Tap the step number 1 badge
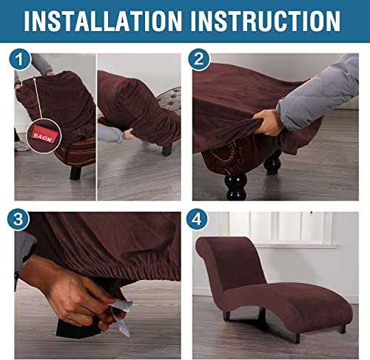[21, 59]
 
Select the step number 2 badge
[199, 59]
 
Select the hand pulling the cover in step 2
[269, 122]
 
